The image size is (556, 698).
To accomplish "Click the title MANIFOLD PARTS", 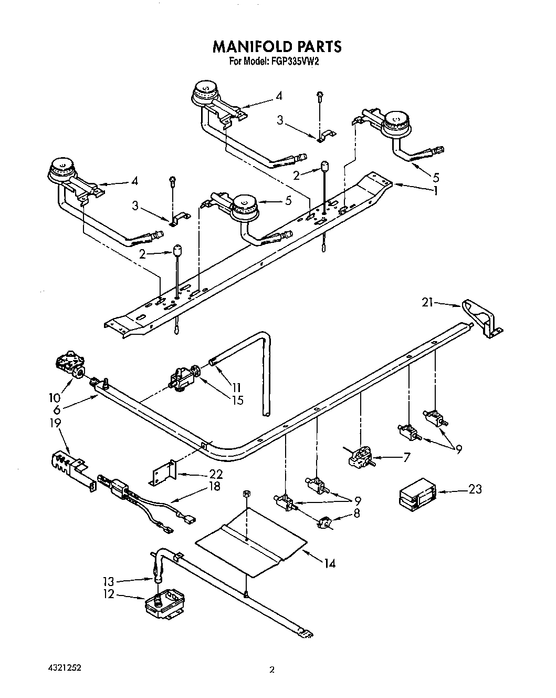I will coord(277,46).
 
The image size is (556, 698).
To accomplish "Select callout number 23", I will coord(475,489).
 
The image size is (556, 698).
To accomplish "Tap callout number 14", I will coord(329,563).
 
